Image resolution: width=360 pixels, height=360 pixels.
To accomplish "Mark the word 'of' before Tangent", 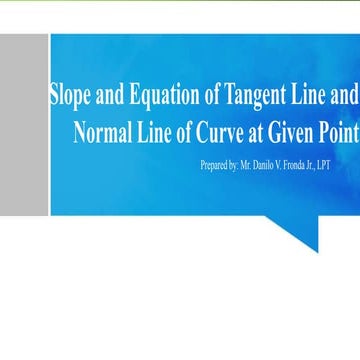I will tap(211, 96).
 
